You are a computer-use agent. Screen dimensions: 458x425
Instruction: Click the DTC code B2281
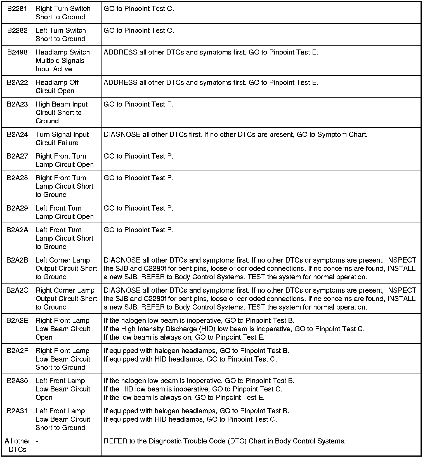pyautogui.click(x=17, y=9)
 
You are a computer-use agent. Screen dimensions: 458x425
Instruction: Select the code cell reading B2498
pyautogui.click(x=17, y=52)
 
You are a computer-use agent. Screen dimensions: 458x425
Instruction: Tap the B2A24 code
pyautogui.click(x=17, y=134)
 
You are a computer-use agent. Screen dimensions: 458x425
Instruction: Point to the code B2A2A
pyautogui.click(x=17, y=230)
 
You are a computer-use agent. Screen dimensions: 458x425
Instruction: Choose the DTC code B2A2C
pyautogui.click(x=17, y=291)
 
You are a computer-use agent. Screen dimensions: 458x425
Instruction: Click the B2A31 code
pyautogui.click(x=17, y=411)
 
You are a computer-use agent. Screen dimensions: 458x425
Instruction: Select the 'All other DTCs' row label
pyautogui.click(x=17, y=445)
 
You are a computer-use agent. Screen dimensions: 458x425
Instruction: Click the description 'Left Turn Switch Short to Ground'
pyautogui.click(x=61, y=34)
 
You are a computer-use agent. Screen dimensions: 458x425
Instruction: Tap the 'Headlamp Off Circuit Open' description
pyautogui.click(x=57, y=87)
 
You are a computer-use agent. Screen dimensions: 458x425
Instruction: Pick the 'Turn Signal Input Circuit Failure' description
pyautogui.click(x=62, y=139)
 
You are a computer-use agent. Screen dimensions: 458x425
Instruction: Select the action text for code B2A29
pyautogui.click(x=138, y=208)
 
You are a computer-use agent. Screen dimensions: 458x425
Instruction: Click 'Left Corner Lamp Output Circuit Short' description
pyautogui.click(x=66, y=268)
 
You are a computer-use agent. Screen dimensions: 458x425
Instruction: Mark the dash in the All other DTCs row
pyautogui.click(x=37, y=441)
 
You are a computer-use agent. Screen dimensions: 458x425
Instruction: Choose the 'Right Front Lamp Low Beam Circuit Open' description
pyautogui.click(x=63, y=329)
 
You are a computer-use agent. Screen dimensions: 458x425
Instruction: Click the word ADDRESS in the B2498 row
pyautogui.click(x=121, y=52)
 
